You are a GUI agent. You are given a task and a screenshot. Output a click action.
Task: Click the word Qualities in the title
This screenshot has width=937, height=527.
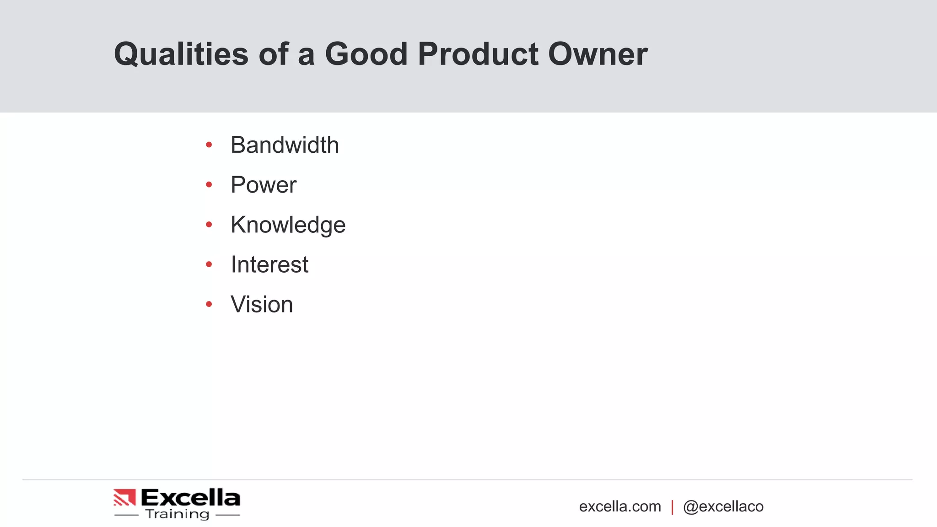click(x=181, y=54)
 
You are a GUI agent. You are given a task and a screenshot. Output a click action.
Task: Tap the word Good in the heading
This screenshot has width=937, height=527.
click(x=366, y=54)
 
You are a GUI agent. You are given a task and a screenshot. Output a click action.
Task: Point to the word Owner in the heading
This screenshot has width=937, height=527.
click(x=598, y=54)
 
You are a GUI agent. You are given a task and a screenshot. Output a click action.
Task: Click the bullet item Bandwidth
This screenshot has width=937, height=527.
click(x=285, y=145)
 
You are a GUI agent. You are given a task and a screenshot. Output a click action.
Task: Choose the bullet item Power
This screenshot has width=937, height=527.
click(x=264, y=185)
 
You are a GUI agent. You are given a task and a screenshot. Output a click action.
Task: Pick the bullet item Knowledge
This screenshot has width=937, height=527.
click(x=288, y=225)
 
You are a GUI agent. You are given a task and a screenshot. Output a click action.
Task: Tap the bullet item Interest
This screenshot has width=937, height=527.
click(x=269, y=264)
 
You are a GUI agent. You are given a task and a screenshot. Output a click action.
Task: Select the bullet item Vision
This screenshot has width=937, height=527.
click(x=262, y=304)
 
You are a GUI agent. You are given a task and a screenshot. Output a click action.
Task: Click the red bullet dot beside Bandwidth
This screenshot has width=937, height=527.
click(x=209, y=145)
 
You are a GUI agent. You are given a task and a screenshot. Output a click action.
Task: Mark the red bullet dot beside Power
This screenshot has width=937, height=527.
click(x=209, y=185)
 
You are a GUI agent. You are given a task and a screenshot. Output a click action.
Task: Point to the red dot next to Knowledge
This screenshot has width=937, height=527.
click(x=209, y=225)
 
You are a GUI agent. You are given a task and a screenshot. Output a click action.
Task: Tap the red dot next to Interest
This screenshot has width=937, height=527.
click(x=209, y=264)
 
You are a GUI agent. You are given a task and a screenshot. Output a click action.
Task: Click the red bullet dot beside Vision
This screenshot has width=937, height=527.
click(x=209, y=304)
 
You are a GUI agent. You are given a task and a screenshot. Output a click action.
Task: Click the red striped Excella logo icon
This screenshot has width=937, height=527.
click(x=125, y=497)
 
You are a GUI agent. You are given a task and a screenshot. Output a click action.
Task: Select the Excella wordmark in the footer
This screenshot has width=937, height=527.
click(x=190, y=497)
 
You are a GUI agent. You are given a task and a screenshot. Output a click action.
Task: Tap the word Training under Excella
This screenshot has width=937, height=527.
click(x=177, y=514)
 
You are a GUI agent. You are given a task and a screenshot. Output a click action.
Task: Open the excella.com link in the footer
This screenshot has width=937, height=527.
click(x=620, y=506)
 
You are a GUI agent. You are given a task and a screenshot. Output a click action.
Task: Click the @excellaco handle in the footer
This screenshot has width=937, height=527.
click(x=723, y=506)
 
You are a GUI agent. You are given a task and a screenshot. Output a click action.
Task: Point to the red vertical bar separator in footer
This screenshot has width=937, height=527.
click(x=672, y=507)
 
